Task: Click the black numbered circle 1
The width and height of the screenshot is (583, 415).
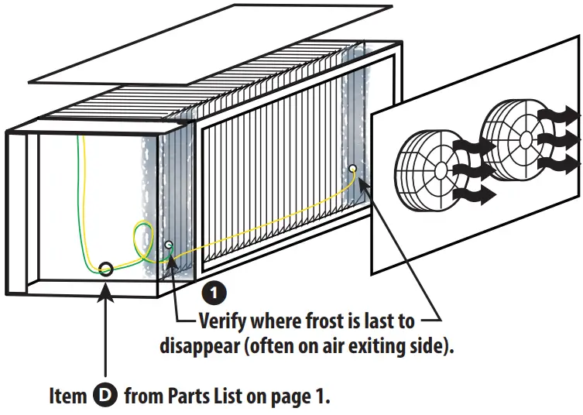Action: pos(213,292)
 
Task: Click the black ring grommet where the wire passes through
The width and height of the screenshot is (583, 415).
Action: pos(106,269)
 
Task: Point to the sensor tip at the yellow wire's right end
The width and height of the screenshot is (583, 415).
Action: pos(353,167)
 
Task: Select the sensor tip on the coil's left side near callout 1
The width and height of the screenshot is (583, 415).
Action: pos(169,245)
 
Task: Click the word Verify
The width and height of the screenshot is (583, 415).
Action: pos(225,320)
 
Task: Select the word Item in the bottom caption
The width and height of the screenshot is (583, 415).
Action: pos(68,396)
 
